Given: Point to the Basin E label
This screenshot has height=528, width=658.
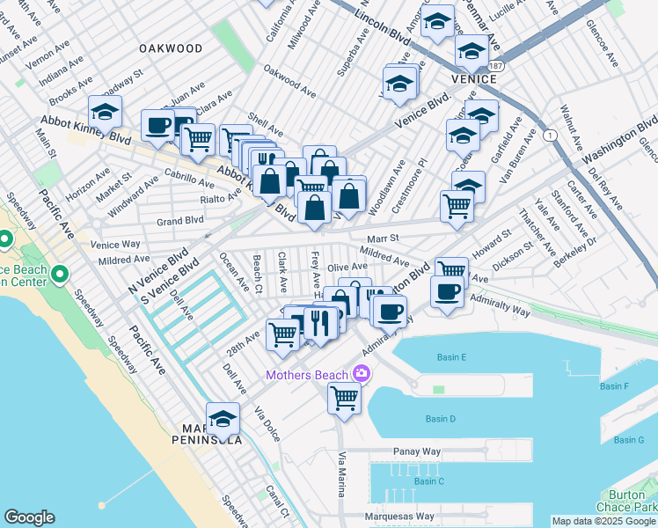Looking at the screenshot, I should point(451,356).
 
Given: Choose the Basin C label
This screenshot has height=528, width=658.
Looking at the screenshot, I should point(429,481).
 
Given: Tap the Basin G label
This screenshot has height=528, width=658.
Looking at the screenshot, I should point(629,439).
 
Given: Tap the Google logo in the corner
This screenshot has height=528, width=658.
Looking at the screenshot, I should point(29,517).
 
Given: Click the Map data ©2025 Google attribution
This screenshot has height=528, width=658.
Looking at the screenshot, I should point(603,521).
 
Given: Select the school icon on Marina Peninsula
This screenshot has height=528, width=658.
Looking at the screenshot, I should point(223,420).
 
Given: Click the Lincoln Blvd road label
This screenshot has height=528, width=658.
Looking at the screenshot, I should point(384,21).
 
